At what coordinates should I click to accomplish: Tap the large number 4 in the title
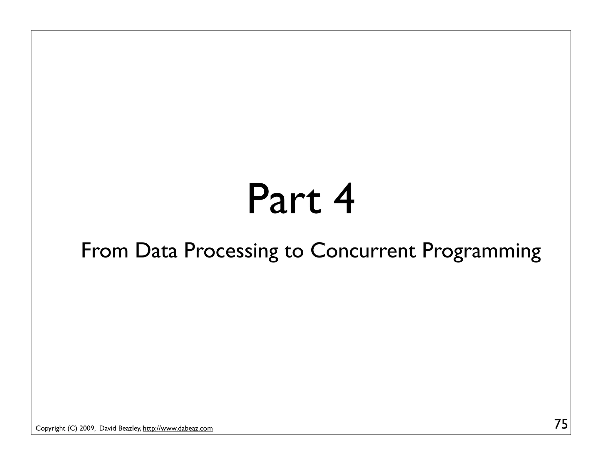pyautogui.click(x=343, y=200)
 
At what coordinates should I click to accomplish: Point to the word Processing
pyautogui.click(x=231, y=252)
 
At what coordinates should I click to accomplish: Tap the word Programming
pyautogui.click(x=481, y=252)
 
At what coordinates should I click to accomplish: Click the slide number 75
pyautogui.click(x=561, y=424)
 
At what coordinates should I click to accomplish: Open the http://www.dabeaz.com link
pyautogui.click(x=178, y=429)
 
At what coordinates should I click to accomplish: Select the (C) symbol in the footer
pyautogui.click(x=72, y=429)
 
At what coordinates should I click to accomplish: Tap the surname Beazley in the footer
pyautogui.click(x=129, y=429)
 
